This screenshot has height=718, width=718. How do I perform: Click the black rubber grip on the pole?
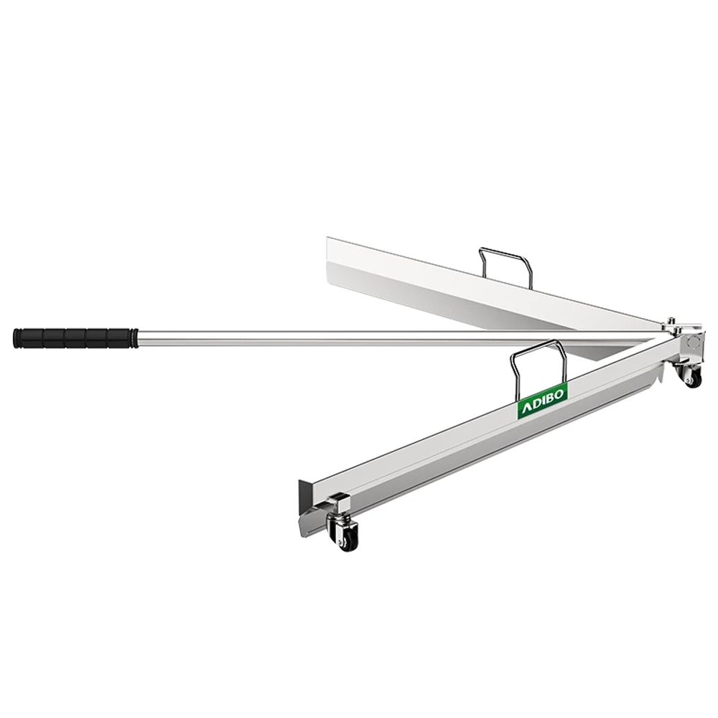click(x=75, y=338)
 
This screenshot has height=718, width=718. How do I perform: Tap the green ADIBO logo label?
click(x=543, y=401)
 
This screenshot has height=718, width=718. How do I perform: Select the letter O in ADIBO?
click(x=561, y=393)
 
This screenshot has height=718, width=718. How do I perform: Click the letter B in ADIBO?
click(x=551, y=398)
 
